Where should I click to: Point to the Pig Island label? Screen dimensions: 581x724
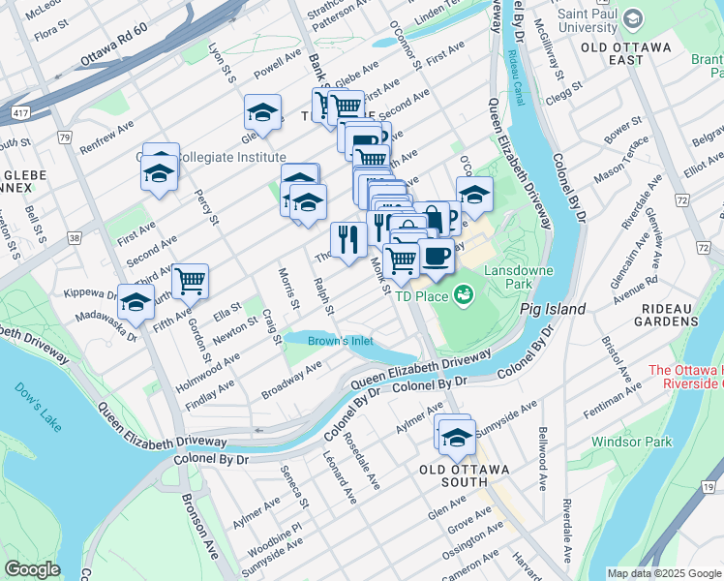[552, 309]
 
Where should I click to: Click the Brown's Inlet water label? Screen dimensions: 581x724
[340, 341]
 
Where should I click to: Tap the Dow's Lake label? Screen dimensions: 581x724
[36, 396]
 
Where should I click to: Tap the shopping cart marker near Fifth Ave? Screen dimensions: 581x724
[190, 280]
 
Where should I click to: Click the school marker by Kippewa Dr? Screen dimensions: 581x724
[136, 301]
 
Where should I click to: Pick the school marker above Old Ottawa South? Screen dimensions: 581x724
[455, 435]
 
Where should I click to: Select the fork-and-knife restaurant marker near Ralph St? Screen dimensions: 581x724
[348, 237]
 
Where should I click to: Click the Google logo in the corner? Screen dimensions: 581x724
[32, 569]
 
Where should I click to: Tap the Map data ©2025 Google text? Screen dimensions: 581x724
[663, 573]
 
